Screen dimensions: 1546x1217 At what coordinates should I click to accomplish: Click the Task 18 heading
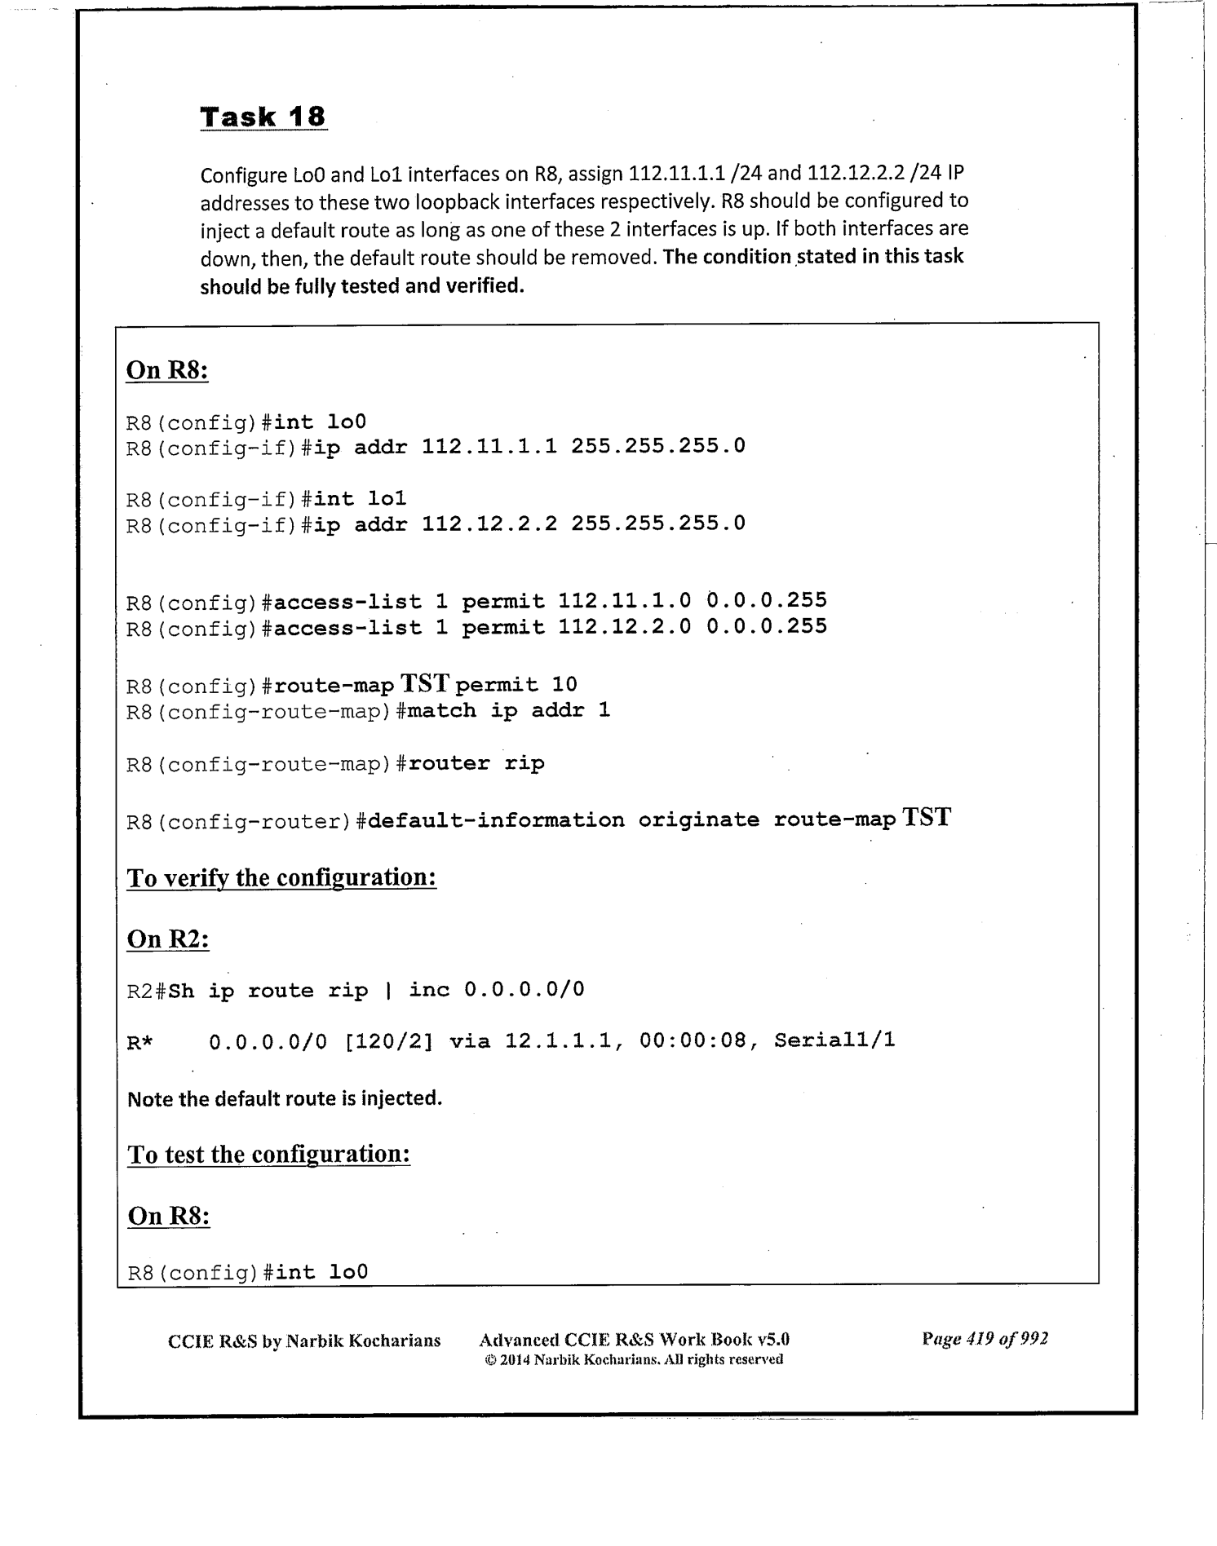(263, 117)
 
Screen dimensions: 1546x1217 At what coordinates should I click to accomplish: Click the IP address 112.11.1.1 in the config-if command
(489, 446)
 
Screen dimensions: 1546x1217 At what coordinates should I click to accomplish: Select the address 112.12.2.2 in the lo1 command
(489, 523)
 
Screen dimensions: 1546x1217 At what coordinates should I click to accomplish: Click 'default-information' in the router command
(496, 820)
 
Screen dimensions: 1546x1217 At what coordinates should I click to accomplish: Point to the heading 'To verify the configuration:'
(281, 878)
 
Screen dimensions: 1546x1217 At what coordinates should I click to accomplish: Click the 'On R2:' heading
(168, 939)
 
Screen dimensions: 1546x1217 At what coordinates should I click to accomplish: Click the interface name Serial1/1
(834, 1040)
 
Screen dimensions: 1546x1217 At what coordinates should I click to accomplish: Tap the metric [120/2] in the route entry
(388, 1040)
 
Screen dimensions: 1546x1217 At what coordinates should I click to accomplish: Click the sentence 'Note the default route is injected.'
(285, 1098)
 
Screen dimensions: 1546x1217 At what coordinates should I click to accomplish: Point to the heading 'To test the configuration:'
(268, 1155)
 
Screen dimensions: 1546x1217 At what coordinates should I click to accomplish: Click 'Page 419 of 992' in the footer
(985, 1339)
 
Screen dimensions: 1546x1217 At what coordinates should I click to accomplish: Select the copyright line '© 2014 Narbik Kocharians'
(633, 1359)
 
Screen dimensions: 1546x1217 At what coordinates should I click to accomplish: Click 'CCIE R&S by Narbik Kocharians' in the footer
(304, 1341)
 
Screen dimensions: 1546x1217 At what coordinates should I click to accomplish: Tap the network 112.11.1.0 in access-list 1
(624, 602)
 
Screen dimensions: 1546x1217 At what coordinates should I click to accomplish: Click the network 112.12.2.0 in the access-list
(624, 627)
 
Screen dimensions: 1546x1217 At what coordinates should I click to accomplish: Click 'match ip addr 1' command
(508, 711)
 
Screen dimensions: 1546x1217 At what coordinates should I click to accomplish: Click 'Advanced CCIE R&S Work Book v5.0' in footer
(634, 1340)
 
